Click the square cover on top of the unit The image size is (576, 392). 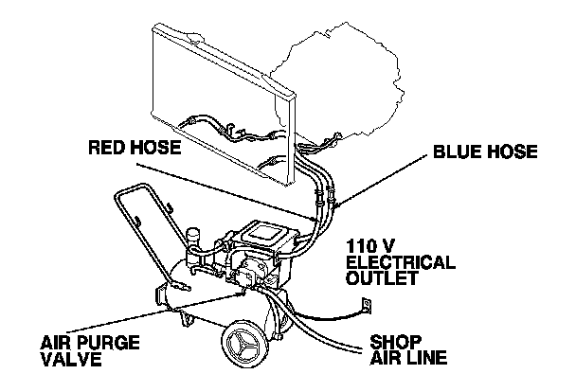point(264,232)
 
